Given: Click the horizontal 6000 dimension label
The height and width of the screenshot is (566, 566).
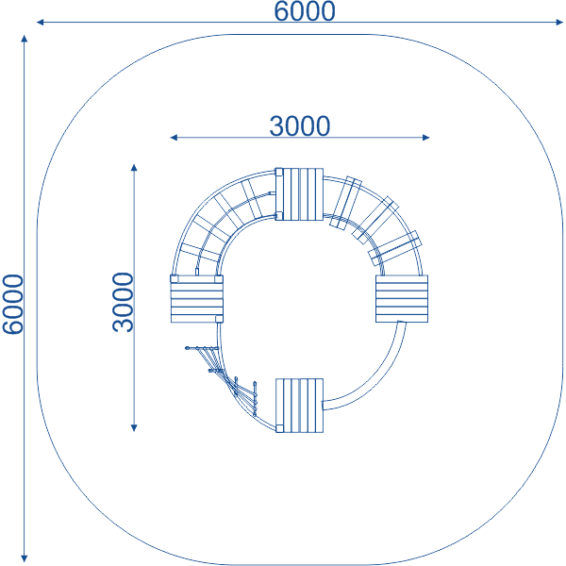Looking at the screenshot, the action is click(305, 11).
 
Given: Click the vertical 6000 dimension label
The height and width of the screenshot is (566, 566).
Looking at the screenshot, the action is click(12, 304).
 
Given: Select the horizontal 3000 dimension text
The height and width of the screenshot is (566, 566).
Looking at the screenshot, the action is click(300, 126).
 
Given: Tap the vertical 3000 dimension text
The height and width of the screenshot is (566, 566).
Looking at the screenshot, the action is click(123, 302).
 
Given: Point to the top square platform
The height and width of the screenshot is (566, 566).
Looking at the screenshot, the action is click(299, 194).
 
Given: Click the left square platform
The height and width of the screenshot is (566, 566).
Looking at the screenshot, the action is click(197, 298).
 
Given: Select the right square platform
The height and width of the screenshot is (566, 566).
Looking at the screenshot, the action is click(402, 298).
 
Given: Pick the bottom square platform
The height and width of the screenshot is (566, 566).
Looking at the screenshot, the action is click(299, 406).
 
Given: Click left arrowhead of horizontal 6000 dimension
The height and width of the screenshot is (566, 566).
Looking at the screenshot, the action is click(40, 23).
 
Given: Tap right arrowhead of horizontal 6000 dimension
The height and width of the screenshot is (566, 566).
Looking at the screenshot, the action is click(559, 23).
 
